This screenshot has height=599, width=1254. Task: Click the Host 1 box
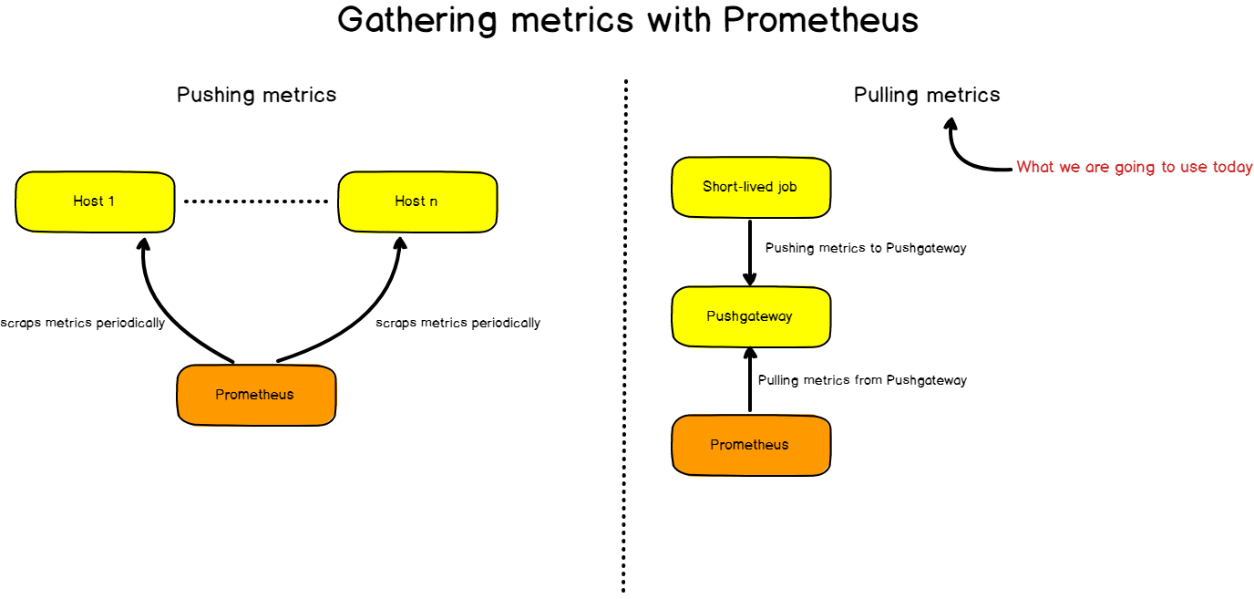95,201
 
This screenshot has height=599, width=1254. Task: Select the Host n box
416,201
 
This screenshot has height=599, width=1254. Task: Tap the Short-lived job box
750,187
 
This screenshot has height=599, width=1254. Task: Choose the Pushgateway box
750,316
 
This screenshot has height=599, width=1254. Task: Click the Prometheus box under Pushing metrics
255,395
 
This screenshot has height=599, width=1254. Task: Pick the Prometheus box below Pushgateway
750,445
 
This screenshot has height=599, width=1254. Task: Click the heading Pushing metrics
256,95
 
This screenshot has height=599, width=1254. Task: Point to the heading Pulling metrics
926,95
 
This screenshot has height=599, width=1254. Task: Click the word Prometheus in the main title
820,20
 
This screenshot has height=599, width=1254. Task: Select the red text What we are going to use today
1134,167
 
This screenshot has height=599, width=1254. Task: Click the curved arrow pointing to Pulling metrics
966,155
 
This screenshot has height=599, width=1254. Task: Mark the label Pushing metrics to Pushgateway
865,248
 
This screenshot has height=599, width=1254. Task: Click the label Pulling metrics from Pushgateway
862,380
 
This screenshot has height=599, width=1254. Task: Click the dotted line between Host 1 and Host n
256,201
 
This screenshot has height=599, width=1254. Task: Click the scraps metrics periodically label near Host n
457,323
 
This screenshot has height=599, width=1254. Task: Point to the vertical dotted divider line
625,337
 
